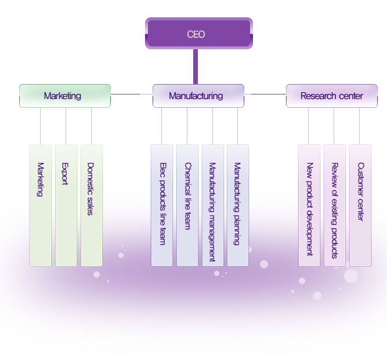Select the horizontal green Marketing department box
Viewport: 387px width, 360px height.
(x=64, y=96)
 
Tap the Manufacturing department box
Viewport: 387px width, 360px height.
(x=198, y=96)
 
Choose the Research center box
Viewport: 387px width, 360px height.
(x=331, y=96)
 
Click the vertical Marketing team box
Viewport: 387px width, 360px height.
(x=41, y=205)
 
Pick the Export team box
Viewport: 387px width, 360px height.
(x=66, y=205)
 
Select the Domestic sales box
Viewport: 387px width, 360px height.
(x=91, y=205)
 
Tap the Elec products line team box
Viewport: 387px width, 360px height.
(x=162, y=205)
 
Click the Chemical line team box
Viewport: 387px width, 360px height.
(x=187, y=205)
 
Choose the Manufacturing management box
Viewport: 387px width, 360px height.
(x=212, y=205)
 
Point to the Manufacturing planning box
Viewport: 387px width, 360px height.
(x=237, y=205)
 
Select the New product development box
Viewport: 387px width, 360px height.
(x=309, y=205)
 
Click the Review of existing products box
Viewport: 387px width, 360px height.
(x=334, y=205)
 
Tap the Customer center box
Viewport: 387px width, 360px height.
(x=360, y=205)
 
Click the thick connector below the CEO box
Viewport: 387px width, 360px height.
(x=196, y=66)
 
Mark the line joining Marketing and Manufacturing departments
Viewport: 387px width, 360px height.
(x=131, y=94)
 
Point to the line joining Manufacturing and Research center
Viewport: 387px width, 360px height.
(x=265, y=94)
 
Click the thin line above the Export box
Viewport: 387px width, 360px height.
(x=66, y=126)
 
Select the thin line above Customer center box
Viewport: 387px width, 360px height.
(x=360, y=126)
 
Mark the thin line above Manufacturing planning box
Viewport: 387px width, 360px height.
(x=237, y=126)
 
